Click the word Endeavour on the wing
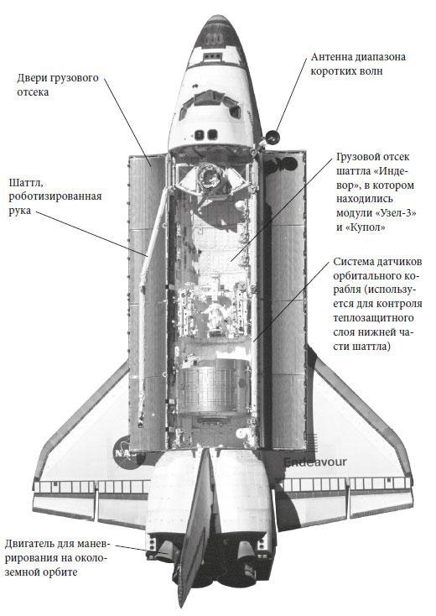pos(315,462)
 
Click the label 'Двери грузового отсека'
pos(58,85)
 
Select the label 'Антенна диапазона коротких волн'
pos(358,64)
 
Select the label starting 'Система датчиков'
pos(377,304)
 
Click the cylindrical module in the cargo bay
pos(213,389)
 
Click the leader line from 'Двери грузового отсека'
pos(128,122)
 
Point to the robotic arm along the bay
pos(151,306)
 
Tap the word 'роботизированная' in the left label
pos(55,196)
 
